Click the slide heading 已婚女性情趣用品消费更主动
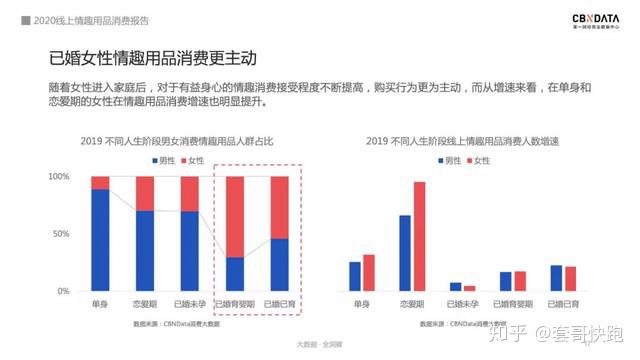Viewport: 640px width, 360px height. (148, 58)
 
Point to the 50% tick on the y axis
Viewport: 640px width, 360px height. (61, 234)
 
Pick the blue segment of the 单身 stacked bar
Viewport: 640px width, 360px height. (100, 240)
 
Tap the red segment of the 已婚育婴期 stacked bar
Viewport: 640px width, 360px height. (236, 216)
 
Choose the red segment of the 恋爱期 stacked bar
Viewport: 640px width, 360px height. (145, 193)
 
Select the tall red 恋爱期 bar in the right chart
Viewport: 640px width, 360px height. (419, 236)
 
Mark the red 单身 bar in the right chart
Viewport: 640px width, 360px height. (369, 272)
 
